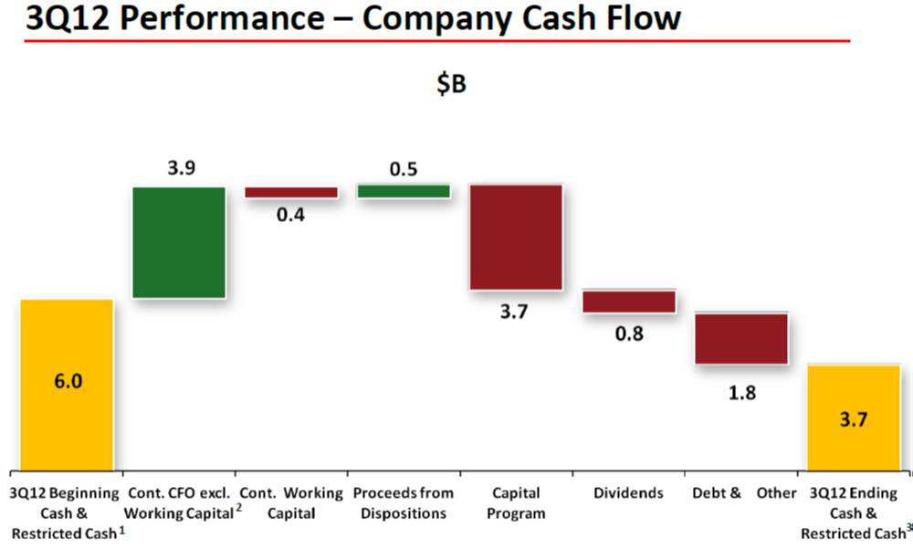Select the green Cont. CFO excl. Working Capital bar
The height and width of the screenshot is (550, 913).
click(x=179, y=242)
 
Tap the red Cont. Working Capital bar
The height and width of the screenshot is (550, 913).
click(x=290, y=193)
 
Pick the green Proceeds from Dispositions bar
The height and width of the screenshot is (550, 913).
click(x=403, y=191)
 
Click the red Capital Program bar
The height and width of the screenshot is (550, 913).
click(x=515, y=237)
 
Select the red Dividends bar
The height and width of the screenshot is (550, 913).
click(x=628, y=301)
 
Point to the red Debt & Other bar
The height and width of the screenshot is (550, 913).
click(x=740, y=338)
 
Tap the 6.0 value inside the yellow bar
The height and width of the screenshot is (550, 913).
click(x=68, y=382)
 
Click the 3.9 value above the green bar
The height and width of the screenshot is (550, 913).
click(x=180, y=169)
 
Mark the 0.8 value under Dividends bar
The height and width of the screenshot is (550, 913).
click(x=629, y=333)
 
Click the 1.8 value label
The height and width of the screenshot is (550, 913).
click(x=741, y=393)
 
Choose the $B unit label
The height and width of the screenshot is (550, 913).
click(x=451, y=84)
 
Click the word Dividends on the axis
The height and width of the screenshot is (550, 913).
click(x=628, y=493)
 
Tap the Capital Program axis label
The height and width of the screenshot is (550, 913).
click(x=516, y=502)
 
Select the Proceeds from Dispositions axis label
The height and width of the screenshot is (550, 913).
click(x=403, y=502)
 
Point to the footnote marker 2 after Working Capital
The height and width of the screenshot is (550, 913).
click(x=238, y=508)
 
